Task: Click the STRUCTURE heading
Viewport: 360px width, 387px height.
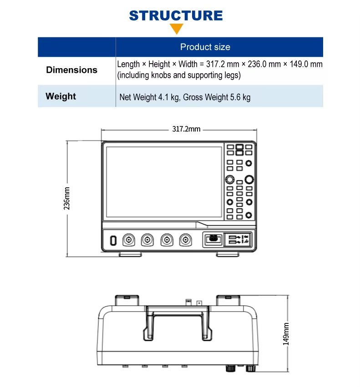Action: tap(176, 15)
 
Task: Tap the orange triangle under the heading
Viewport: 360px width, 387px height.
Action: tap(176, 30)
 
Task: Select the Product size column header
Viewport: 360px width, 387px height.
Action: tap(205, 47)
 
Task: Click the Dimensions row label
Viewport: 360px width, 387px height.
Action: tap(72, 70)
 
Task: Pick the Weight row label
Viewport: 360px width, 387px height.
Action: tap(61, 96)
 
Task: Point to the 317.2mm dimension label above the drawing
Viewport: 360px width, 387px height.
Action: tap(186, 130)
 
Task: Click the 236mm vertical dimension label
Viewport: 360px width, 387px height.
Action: tap(66, 198)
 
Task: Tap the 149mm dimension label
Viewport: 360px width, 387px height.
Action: tap(286, 334)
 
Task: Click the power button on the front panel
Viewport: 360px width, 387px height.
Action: tap(113, 240)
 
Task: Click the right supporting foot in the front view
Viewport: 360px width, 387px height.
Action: tap(228, 254)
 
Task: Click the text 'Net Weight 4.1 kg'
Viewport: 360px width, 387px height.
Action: tap(149, 97)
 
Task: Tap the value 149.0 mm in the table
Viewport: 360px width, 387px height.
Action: tap(306, 64)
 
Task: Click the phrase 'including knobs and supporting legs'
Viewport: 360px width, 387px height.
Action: tap(179, 75)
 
